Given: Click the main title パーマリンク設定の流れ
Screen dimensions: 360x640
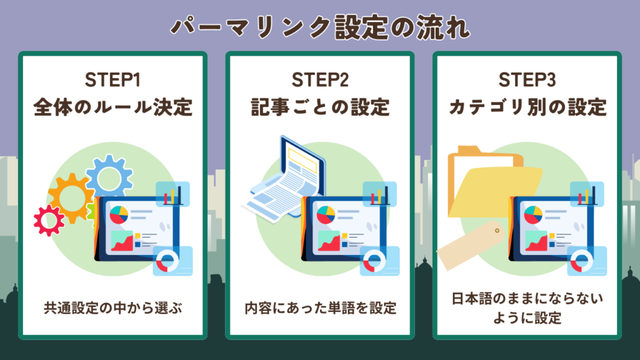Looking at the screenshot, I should pos(319,27).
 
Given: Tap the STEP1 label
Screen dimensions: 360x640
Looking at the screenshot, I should pos(112,81).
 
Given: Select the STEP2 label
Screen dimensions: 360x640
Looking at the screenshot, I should pos(319,81).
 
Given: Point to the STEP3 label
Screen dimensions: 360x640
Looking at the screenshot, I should pos(527,81).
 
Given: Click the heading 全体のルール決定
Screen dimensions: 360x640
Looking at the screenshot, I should pos(112,107).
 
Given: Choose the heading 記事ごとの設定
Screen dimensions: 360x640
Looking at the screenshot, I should pos(319,107).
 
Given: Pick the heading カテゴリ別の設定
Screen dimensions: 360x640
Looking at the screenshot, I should pos(527,107).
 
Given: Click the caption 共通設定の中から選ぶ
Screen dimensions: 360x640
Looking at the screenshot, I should pos(112,308).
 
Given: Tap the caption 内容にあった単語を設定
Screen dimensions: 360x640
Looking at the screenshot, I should pos(319,308).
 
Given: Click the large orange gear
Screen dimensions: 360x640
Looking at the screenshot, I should pos(71,195).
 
